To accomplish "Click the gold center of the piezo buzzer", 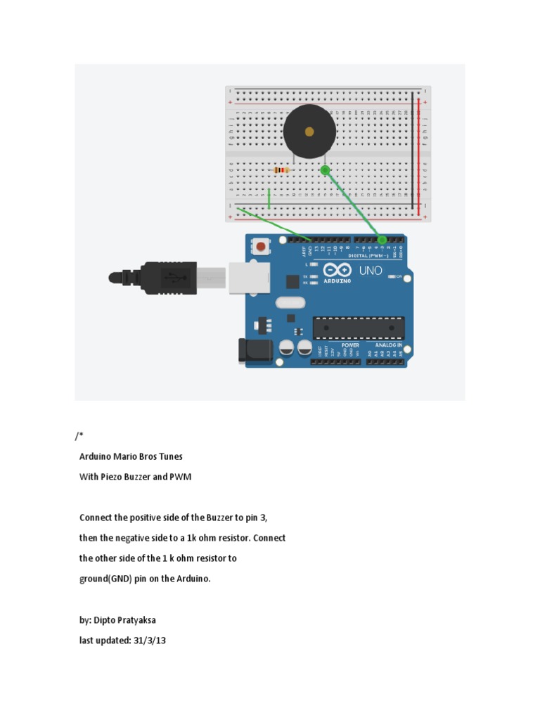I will (x=309, y=131).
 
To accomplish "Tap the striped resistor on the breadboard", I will (x=282, y=170).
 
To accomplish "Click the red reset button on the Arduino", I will (x=262, y=247).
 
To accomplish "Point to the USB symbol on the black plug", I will (x=176, y=278).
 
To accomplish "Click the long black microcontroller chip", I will (x=359, y=327).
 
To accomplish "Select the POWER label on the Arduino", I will (x=350, y=345).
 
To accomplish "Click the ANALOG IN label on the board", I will (x=387, y=345).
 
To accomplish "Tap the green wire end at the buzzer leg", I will (x=325, y=170).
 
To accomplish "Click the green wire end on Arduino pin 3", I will (x=382, y=240).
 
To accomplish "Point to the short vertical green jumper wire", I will (x=269, y=198).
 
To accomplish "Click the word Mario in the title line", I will (x=135, y=456).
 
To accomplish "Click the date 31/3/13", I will (x=150, y=641).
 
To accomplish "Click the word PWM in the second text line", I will (x=181, y=477).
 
